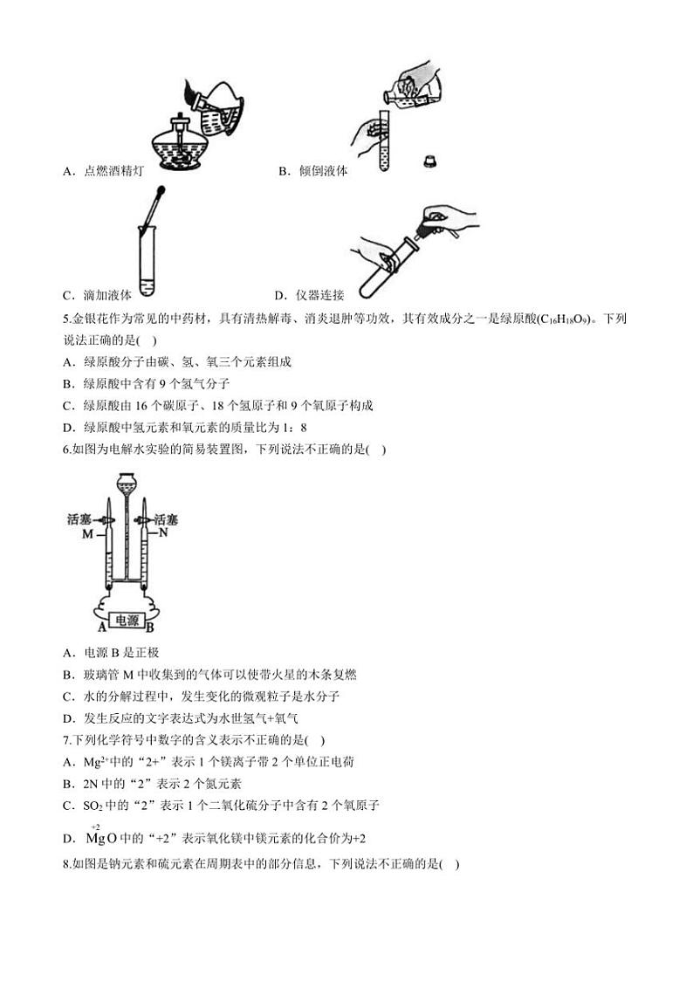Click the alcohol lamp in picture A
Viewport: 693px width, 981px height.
tap(182, 144)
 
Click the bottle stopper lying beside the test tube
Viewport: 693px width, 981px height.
tap(429, 160)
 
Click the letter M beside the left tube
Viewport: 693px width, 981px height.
tap(86, 533)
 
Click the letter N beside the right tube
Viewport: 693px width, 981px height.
tap(163, 532)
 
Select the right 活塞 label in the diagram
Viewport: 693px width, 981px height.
tap(168, 519)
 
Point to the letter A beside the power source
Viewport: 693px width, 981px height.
tap(102, 626)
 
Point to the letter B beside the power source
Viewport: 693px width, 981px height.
tap(151, 626)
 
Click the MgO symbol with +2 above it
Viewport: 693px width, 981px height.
tap(100, 839)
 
